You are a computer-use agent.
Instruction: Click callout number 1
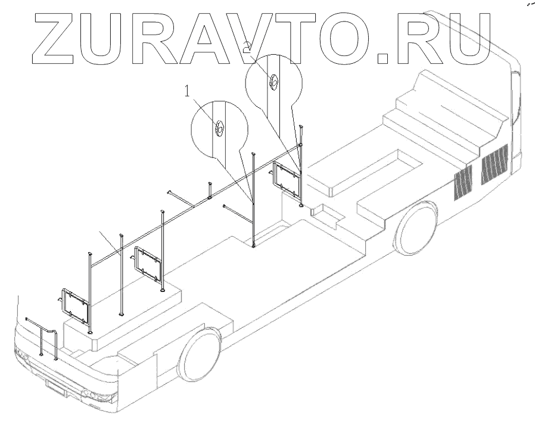(188, 92)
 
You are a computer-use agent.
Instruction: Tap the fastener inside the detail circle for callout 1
(219, 126)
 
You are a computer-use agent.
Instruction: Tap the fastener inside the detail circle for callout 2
(273, 82)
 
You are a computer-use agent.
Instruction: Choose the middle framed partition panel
(148, 264)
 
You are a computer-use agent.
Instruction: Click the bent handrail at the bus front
(45, 337)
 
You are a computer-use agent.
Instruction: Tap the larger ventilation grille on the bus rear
(494, 164)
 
